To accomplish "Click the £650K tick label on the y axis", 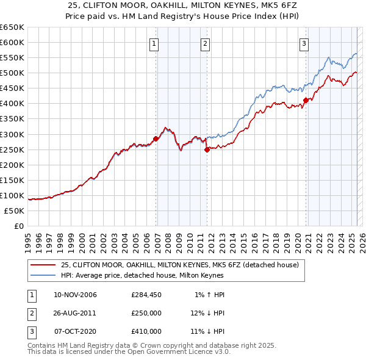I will click(12, 27).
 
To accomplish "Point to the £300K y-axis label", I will click(12, 134).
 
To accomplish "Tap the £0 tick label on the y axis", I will click(18, 226).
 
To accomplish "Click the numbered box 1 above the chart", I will click(154, 43).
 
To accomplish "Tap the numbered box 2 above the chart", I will click(206, 43).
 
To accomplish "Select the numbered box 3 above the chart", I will click(304, 43).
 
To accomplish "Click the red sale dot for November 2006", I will click(156, 139).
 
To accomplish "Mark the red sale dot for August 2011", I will click(207, 149).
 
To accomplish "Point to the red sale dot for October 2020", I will click(306, 100).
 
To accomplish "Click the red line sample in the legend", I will click(43, 265).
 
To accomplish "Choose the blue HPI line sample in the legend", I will click(43, 275).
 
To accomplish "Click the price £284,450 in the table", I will click(146, 295).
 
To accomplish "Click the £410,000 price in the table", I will click(146, 332).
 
